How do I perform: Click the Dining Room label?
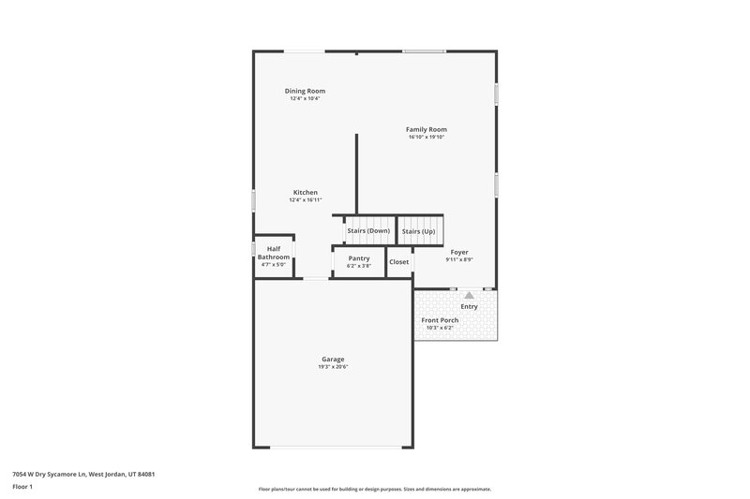pyautogui.click(x=306, y=91)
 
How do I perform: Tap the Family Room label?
pyautogui.click(x=426, y=129)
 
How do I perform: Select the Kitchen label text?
pyautogui.click(x=306, y=192)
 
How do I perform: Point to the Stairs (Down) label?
pyautogui.click(x=368, y=230)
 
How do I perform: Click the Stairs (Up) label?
pyautogui.click(x=418, y=231)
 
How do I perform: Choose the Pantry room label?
pyautogui.click(x=359, y=258)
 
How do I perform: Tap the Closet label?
pyautogui.click(x=399, y=262)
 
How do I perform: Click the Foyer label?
pyautogui.click(x=459, y=252)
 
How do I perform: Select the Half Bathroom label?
pyautogui.click(x=274, y=253)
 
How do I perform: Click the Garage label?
pyautogui.click(x=333, y=359)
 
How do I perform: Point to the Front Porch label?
pyautogui.click(x=440, y=320)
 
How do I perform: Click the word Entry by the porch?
pyautogui.click(x=469, y=306)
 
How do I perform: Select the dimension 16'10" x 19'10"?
pyautogui.click(x=426, y=138)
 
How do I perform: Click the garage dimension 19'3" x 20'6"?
pyautogui.click(x=333, y=367)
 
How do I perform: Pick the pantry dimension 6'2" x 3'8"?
pyautogui.click(x=359, y=266)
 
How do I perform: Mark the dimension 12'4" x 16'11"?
pyautogui.click(x=306, y=200)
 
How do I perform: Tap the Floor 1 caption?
pyautogui.click(x=22, y=488)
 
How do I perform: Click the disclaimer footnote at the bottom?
pyautogui.click(x=374, y=489)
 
